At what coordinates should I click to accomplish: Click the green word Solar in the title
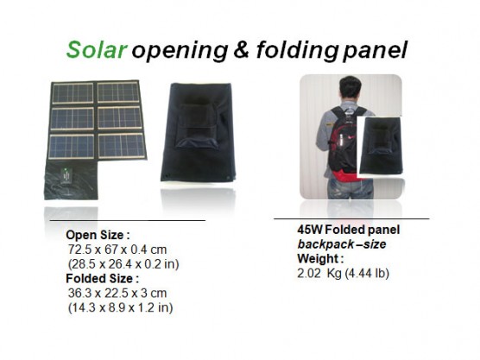coord(97,49)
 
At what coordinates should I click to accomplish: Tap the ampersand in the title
coord(242,49)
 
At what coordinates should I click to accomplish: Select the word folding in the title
coord(297,51)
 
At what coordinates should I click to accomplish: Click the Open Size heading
coord(98,235)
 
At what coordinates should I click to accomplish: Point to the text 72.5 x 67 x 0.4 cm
coord(117,249)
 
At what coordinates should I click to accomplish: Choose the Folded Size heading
coord(102,279)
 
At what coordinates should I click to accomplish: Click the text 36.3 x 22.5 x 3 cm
coord(117,293)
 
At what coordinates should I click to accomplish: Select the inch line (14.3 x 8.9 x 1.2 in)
coord(120,307)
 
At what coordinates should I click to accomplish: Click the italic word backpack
coord(321,244)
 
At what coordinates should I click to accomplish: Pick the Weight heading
coord(320,259)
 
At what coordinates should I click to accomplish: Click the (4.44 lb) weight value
coord(367,273)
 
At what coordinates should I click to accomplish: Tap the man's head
coord(351,88)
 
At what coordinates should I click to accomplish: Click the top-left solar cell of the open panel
coord(73,93)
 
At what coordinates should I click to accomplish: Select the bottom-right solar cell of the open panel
coord(122,146)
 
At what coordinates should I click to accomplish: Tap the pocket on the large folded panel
coord(197,126)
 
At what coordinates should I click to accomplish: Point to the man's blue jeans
coord(351,188)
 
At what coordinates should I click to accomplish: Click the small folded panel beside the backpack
coord(380,145)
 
